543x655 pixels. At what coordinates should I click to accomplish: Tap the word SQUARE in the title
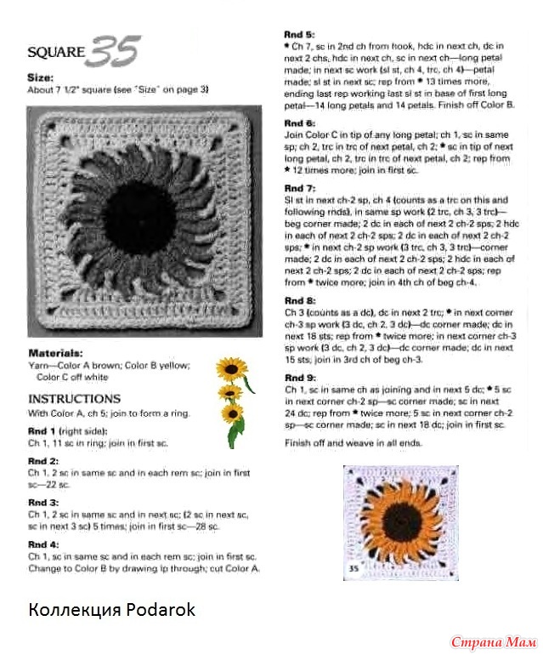(56, 52)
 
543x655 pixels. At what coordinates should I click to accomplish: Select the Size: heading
(41, 77)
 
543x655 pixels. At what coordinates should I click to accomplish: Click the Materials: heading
(55, 351)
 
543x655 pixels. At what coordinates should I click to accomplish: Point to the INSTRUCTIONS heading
(75, 398)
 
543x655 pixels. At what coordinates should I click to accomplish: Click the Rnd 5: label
(299, 33)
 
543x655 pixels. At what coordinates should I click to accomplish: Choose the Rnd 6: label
(299, 123)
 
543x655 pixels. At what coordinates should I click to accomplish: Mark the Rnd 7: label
(299, 187)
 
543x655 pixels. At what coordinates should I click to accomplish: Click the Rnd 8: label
(299, 301)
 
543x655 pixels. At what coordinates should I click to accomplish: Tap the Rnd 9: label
(299, 377)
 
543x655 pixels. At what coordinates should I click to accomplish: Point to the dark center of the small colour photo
(398, 519)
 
